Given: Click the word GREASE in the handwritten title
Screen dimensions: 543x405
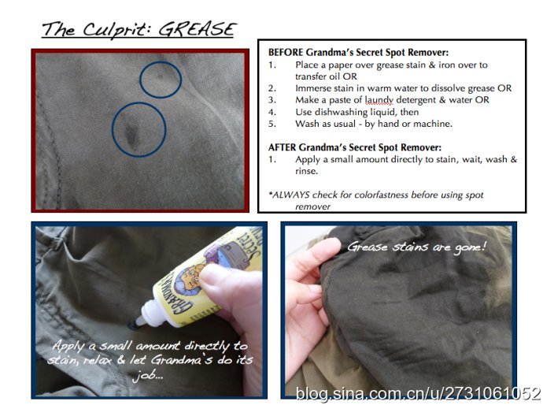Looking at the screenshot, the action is pos(198,29).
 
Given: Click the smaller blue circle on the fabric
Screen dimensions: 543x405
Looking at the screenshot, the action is pos(161,80).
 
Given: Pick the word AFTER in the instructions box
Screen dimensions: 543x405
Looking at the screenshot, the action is pos(282,147).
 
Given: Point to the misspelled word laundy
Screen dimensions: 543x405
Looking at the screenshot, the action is pos(379,100).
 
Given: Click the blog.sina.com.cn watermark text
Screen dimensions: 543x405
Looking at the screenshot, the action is pos(418,393).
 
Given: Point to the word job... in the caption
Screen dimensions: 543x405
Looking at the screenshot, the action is pos(148,375).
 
